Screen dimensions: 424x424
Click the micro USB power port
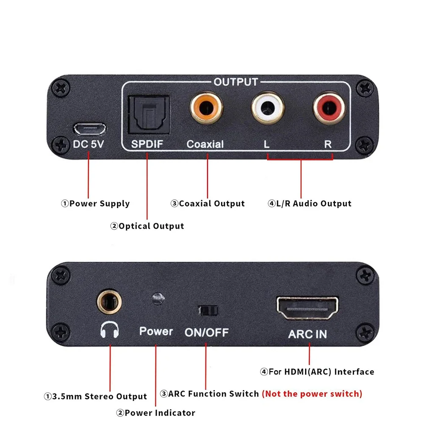tap(89, 128)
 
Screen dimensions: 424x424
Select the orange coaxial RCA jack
tap(206, 109)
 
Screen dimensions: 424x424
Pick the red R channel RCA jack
tap(329, 109)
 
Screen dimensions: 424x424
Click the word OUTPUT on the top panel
tap(236, 82)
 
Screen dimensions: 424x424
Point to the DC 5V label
tap(88, 144)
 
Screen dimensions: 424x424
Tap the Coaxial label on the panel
tap(205, 144)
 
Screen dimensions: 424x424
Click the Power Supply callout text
tap(95, 204)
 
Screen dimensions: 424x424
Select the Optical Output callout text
tap(147, 226)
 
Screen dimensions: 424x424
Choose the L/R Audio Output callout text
tap(310, 204)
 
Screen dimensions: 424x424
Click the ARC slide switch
tap(208, 310)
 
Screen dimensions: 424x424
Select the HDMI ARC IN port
tap(308, 309)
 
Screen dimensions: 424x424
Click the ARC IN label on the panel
tap(308, 334)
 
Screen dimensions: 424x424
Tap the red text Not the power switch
tap(312, 394)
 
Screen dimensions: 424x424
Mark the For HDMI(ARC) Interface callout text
tap(317, 372)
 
